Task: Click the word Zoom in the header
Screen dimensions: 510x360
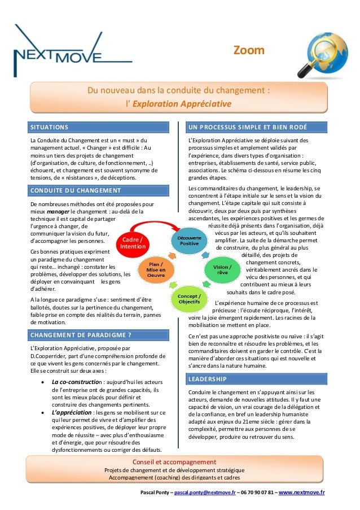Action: point(249,51)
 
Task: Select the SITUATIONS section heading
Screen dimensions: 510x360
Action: point(50,127)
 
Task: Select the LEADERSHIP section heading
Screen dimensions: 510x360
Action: point(208,378)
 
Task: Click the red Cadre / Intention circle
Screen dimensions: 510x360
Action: point(133,243)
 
